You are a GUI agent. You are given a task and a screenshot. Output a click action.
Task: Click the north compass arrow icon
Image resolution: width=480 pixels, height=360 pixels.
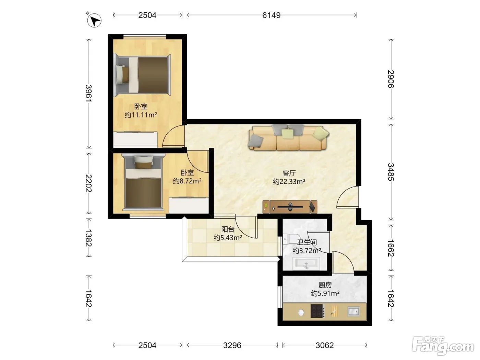click(94, 20)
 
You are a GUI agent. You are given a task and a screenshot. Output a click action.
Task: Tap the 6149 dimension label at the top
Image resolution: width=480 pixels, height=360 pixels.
click(271, 15)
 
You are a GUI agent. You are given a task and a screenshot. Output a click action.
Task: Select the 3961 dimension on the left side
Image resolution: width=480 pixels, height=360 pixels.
click(88, 93)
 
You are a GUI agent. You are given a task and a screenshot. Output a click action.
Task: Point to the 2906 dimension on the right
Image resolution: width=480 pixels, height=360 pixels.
click(391, 79)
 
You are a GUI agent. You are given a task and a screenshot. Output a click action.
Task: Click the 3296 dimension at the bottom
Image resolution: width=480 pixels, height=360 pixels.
click(232, 345)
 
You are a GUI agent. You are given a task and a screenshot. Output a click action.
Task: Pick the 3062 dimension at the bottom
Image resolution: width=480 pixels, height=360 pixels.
click(325, 345)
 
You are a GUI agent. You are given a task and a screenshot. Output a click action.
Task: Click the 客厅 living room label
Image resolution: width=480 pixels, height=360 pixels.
click(289, 173)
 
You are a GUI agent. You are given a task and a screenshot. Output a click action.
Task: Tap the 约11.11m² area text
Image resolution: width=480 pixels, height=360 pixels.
click(141, 115)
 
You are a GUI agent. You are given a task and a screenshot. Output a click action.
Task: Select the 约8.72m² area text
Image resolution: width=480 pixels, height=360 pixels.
click(187, 181)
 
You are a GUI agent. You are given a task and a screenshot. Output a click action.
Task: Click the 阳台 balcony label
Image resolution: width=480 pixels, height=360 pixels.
click(228, 229)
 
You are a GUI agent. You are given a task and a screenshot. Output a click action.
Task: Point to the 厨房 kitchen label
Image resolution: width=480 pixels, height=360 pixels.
click(325, 285)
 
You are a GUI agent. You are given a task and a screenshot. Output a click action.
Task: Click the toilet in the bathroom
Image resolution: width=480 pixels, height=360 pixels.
click(291, 239)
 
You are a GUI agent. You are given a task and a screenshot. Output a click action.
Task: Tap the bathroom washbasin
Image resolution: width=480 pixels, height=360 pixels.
click(306, 264)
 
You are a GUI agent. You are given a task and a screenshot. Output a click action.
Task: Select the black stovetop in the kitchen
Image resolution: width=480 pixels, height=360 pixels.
click(317, 311)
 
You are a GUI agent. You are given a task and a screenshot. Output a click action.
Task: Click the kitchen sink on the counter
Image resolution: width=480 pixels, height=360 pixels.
click(353, 311)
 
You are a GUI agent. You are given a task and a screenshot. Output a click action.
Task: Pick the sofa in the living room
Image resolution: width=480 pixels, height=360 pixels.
click(288, 138)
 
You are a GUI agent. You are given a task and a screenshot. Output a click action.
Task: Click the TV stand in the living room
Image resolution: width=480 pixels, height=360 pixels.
click(290, 206)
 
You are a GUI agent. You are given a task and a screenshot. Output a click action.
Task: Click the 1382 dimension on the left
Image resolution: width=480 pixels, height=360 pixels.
click(88, 238)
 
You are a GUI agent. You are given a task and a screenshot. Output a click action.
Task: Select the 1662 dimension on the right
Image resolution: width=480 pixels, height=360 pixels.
click(391, 248)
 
